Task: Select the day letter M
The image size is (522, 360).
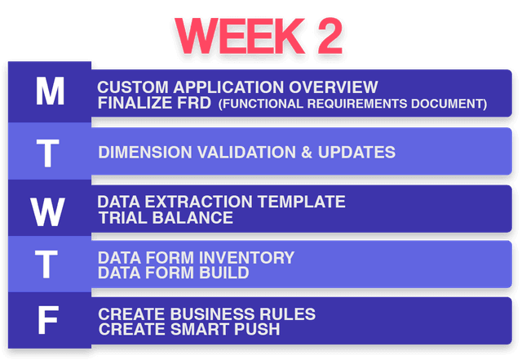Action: (x=50, y=92)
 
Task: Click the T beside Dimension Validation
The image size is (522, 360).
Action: (x=50, y=153)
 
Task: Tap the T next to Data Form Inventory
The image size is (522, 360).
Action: (x=50, y=265)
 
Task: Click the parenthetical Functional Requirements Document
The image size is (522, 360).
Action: (x=352, y=104)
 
